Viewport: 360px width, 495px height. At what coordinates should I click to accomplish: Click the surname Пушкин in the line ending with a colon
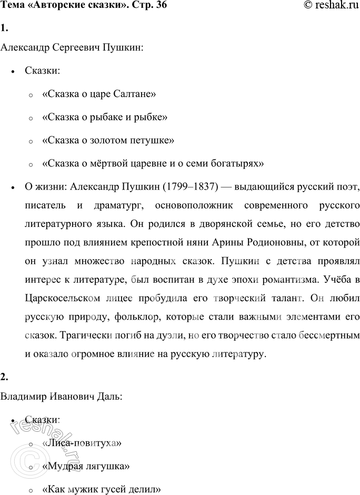click(122, 48)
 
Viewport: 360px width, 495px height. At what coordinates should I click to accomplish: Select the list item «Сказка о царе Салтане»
click(98, 94)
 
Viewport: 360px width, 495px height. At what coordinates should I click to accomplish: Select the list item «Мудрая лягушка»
click(85, 466)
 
